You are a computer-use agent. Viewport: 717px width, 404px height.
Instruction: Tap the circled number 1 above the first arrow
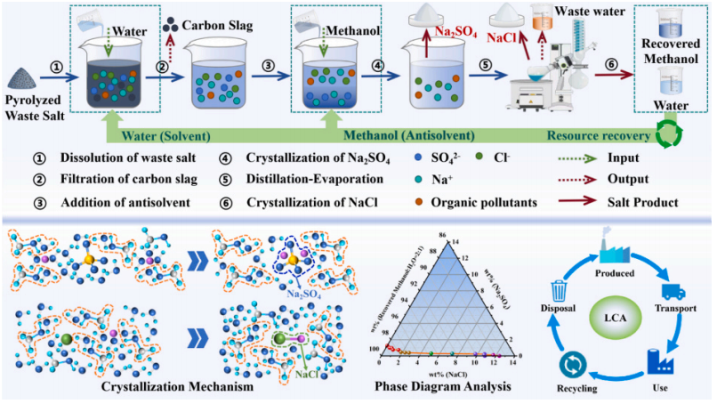point(55,65)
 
